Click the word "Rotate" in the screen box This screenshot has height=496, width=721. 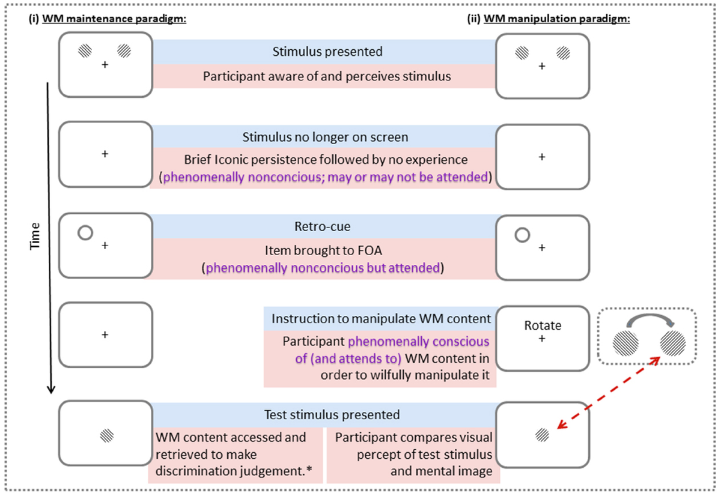pyautogui.click(x=543, y=325)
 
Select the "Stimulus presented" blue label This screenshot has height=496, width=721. pyautogui.click(x=327, y=52)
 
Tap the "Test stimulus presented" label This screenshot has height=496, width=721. pyautogui.click(x=332, y=414)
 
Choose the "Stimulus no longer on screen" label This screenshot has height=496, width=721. pyautogui.click(x=327, y=137)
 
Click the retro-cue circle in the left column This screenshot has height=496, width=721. pyautogui.click(x=85, y=232)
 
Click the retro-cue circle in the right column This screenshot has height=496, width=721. pyautogui.click(x=522, y=234)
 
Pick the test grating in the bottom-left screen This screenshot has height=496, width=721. pyautogui.click(x=106, y=433)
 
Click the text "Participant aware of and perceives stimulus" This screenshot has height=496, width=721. pyautogui.click(x=327, y=76)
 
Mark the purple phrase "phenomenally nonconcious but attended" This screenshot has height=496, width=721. pyautogui.click(x=323, y=268)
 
